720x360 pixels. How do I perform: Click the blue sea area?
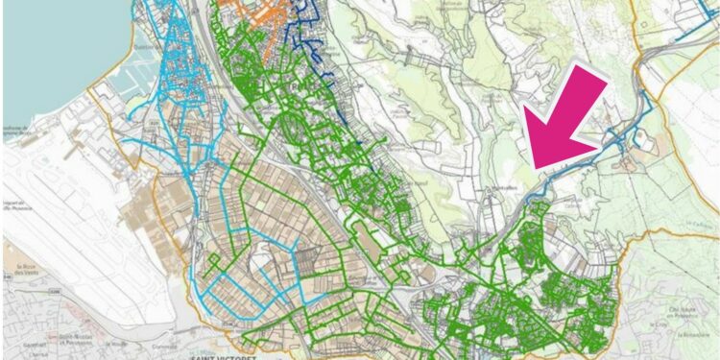click(x=38, y=58)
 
